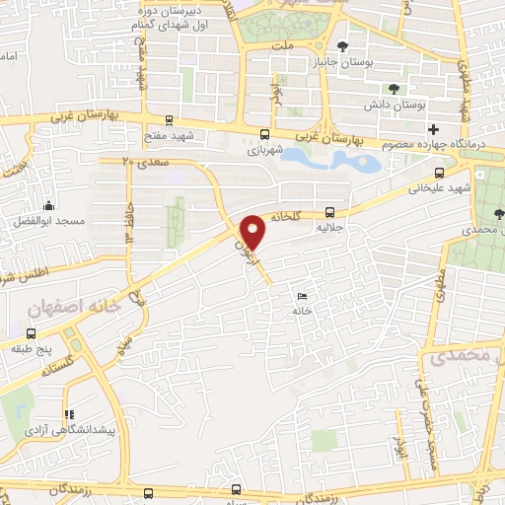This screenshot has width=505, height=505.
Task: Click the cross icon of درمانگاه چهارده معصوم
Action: (433, 129)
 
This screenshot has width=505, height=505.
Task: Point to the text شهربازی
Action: (264, 150)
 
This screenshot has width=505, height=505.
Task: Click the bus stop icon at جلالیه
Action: (329, 211)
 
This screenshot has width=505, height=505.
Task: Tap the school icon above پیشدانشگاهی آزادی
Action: (67, 415)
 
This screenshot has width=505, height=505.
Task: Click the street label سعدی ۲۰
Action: (138, 161)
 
